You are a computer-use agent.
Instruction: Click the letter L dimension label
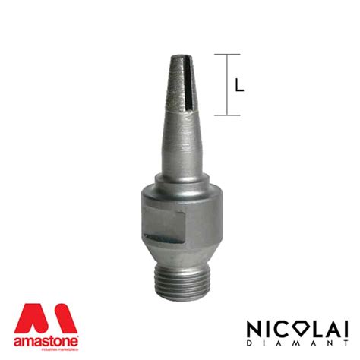[240, 86]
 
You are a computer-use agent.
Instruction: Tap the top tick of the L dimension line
[227, 55]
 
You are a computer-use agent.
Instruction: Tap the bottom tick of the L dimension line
[227, 115]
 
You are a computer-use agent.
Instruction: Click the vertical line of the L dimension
[227, 85]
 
